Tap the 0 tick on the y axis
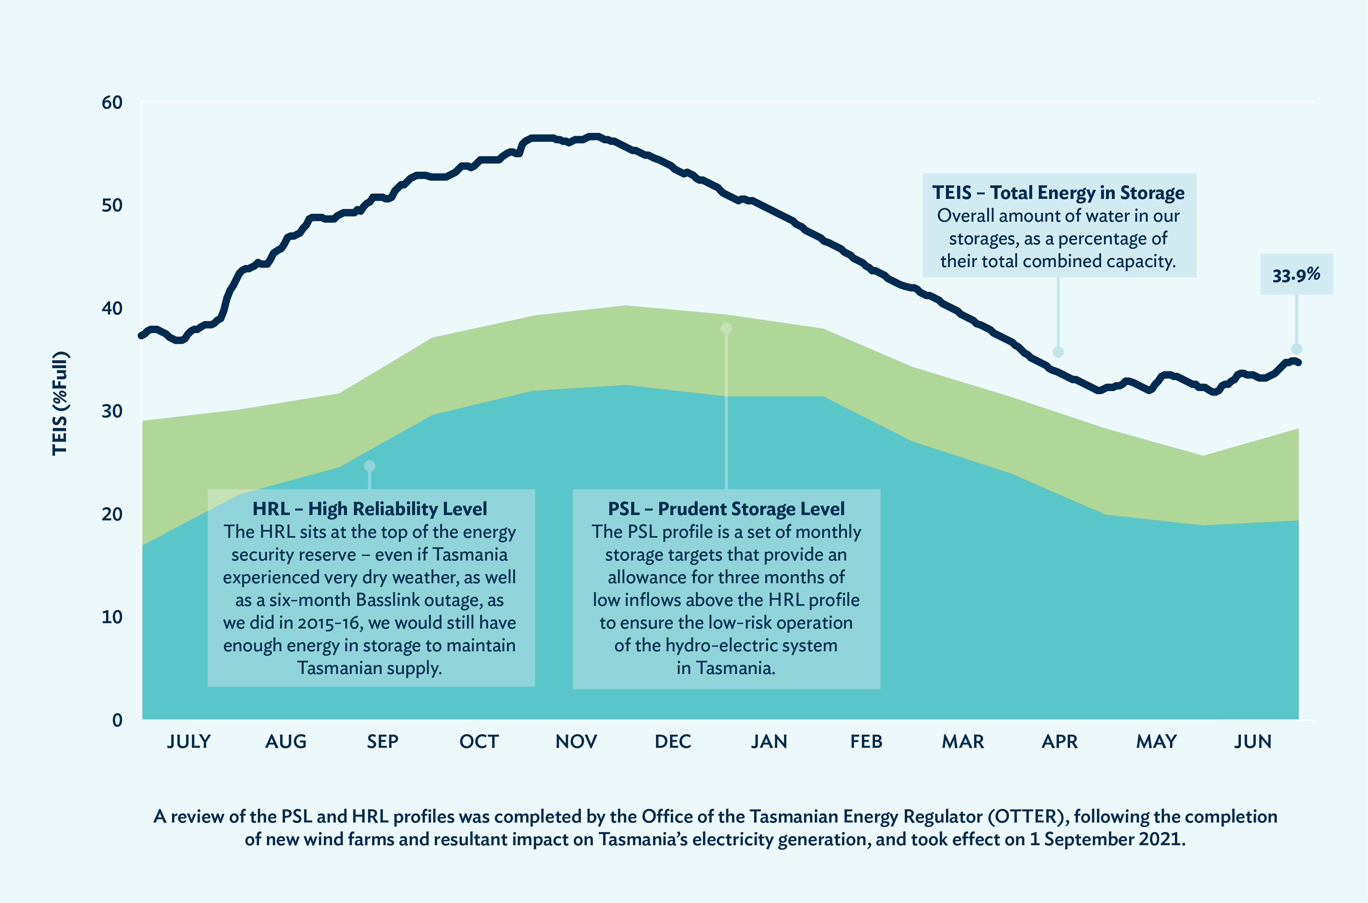[x=118, y=720]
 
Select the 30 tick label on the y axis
[x=112, y=411]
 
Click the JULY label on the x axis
[x=189, y=741]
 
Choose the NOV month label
[x=576, y=741]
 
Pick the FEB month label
[x=866, y=741]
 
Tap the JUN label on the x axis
[x=1252, y=741]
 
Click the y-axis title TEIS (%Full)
[x=60, y=403]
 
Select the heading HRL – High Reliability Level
[x=370, y=509]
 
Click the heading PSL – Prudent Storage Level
[x=726, y=509]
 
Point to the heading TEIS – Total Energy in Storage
[x=1058, y=192]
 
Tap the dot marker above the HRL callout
[x=370, y=465]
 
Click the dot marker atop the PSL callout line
[x=726, y=328]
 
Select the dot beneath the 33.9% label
[x=1297, y=349]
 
